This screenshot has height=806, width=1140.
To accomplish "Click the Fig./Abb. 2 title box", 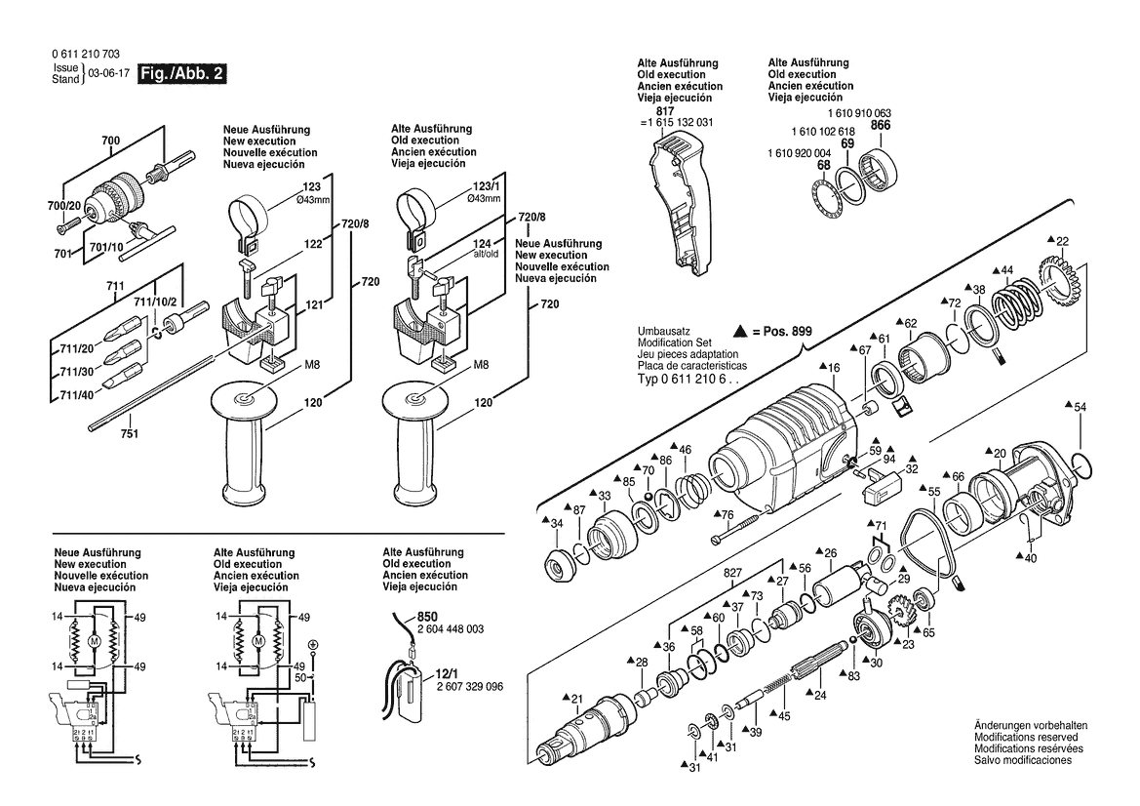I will coord(182,73).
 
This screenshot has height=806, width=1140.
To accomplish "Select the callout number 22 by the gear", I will coord(1062,240).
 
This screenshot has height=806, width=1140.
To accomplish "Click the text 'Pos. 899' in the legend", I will coord(787,332).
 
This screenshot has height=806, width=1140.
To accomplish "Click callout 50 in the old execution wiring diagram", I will coord(301,676).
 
